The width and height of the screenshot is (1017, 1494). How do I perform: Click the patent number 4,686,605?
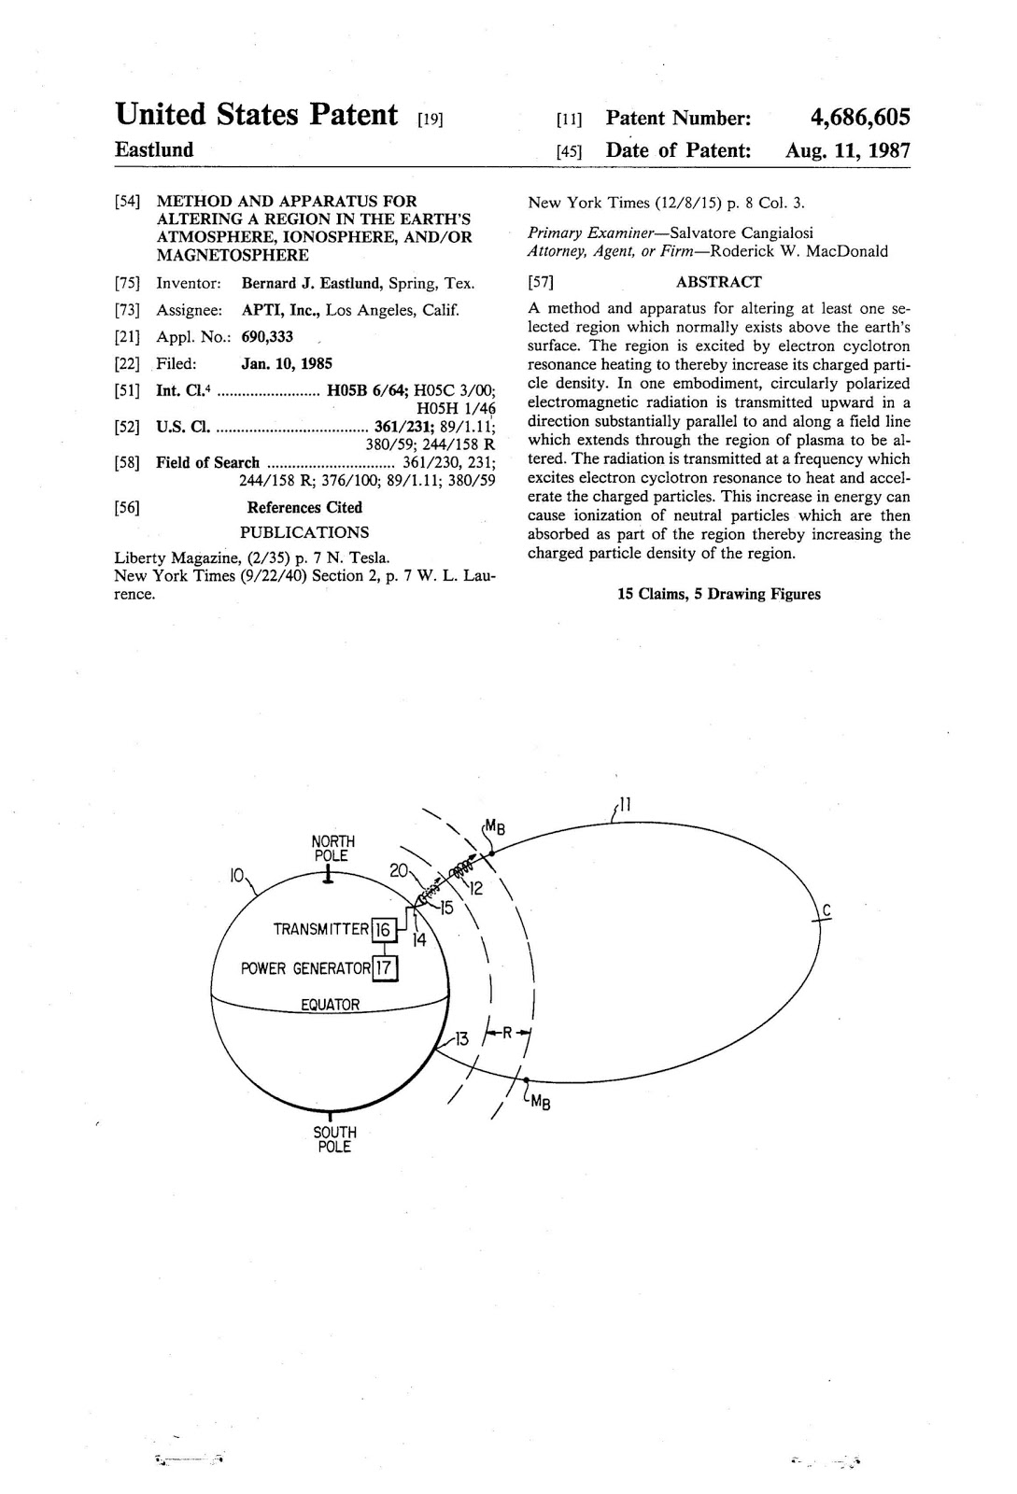coord(859,118)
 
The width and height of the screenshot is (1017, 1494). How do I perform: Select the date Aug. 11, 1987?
coord(847,150)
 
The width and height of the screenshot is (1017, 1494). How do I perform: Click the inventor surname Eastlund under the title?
coord(154,150)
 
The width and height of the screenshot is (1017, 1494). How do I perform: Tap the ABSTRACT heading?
coord(718,282)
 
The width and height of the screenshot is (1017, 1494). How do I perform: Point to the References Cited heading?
coord(304,507)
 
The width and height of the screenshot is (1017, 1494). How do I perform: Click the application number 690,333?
coord(267,337)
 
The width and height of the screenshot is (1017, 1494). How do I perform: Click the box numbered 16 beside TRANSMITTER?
coord(383,929)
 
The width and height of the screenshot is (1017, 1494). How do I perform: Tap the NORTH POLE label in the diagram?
coord(332,848)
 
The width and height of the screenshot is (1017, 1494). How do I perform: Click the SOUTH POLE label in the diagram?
coord(333,1139)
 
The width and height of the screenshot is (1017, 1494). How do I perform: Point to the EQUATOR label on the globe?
coord(330,1005)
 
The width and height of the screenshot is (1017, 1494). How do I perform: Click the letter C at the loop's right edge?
coord(826,911)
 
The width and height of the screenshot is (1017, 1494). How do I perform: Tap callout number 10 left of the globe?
coord(237,875)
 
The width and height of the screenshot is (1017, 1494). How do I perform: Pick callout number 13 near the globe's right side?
coord(461,1038)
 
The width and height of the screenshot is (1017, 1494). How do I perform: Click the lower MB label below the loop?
coord(539,1103)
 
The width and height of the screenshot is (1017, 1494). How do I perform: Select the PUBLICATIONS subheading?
coord(304,532)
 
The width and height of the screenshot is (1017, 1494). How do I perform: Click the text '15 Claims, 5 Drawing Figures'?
coord(718,594)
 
